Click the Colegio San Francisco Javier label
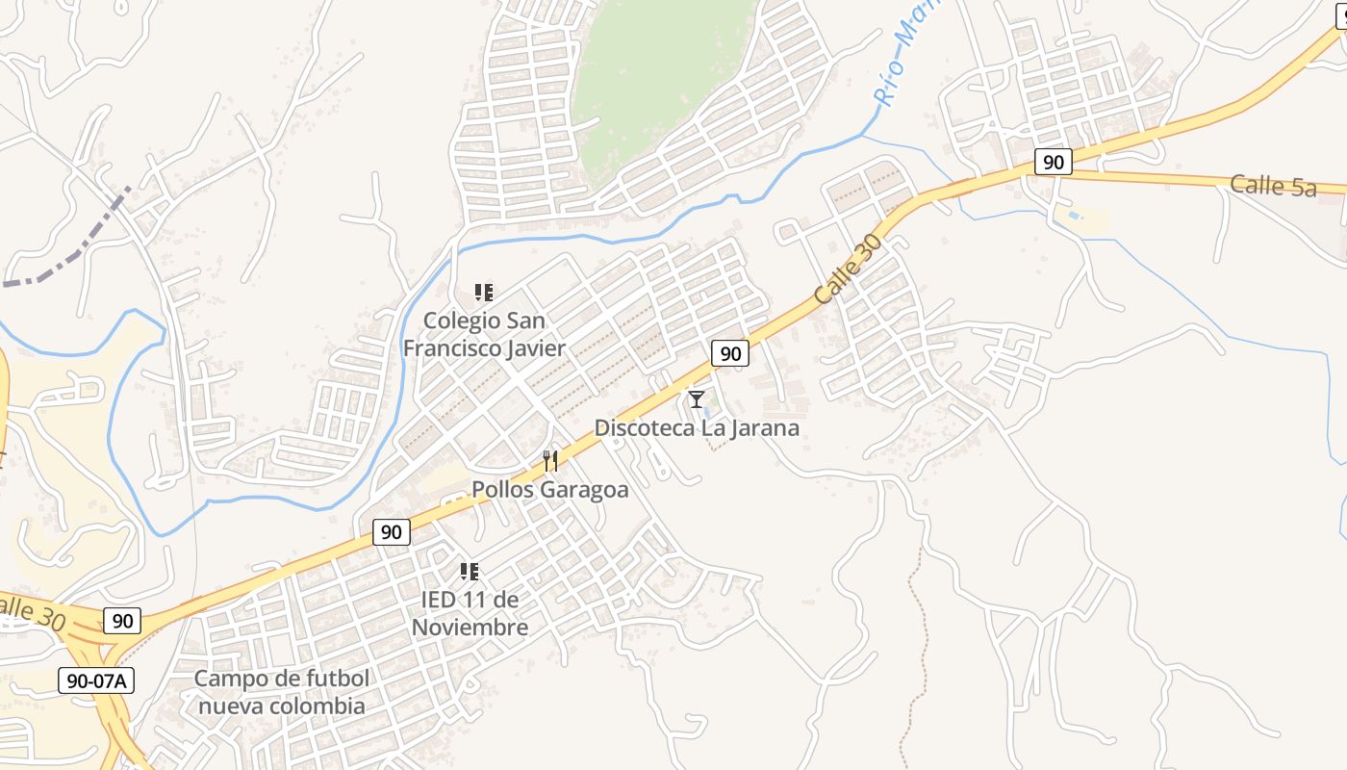point(484,334)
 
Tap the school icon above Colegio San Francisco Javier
point(484,292)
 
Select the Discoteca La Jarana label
point(697,427)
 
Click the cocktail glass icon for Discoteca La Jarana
point(697,398)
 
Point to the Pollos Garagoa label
point(549,490)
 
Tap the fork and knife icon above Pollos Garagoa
point(549,461)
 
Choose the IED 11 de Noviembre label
point(470,614)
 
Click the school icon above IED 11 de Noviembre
point(470,572)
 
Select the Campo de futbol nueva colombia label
point(281,692)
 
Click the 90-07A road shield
point(96,680)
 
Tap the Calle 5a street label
point(1272,186)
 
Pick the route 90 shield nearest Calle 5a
point(1054,162)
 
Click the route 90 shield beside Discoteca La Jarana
point(730,354)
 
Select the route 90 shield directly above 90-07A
point(122,621)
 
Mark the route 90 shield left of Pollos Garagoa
point(391,531)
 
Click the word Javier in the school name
point(527,348)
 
